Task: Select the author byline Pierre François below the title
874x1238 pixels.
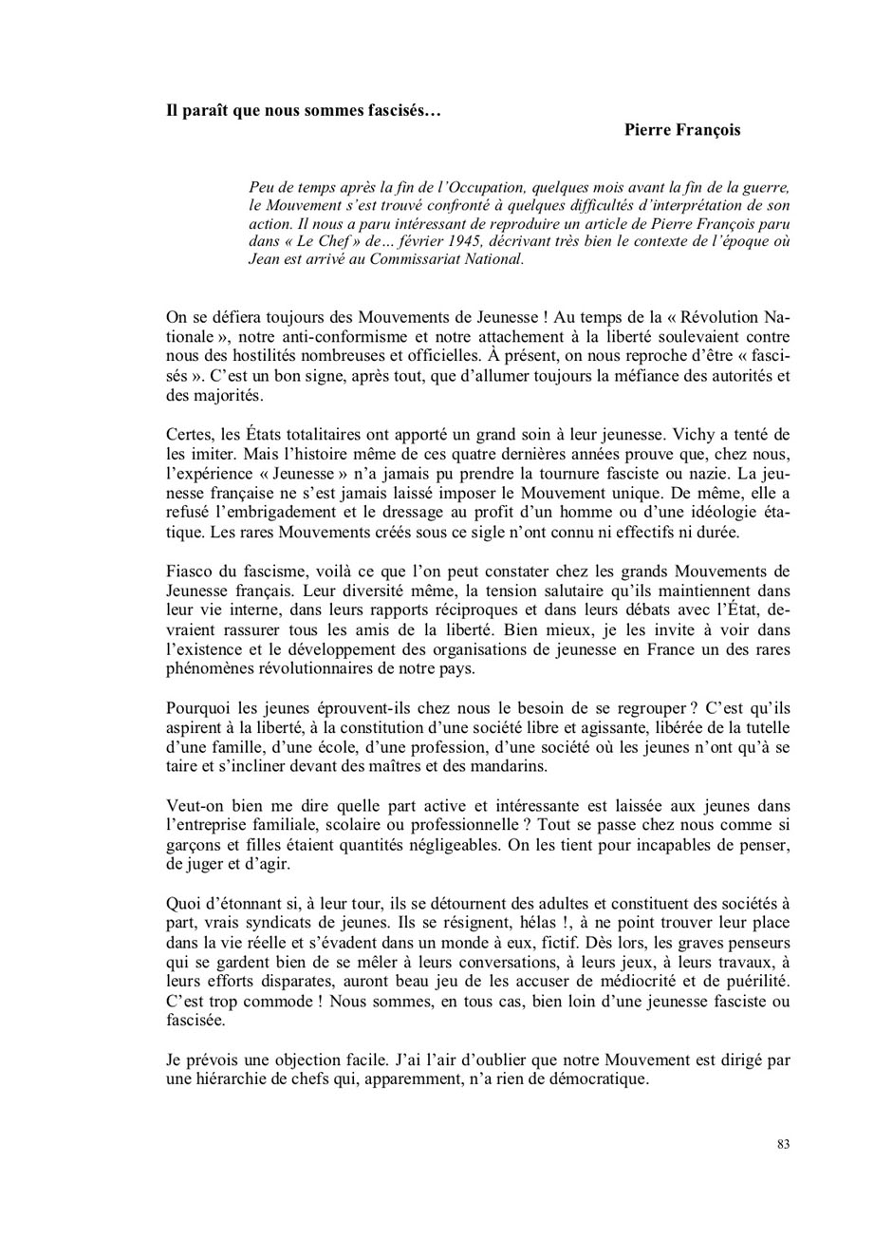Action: [x=682, y=130]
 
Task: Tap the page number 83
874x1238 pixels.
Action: [x=783, y=1144]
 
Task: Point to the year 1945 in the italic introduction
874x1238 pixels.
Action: [x=459, y=241]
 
